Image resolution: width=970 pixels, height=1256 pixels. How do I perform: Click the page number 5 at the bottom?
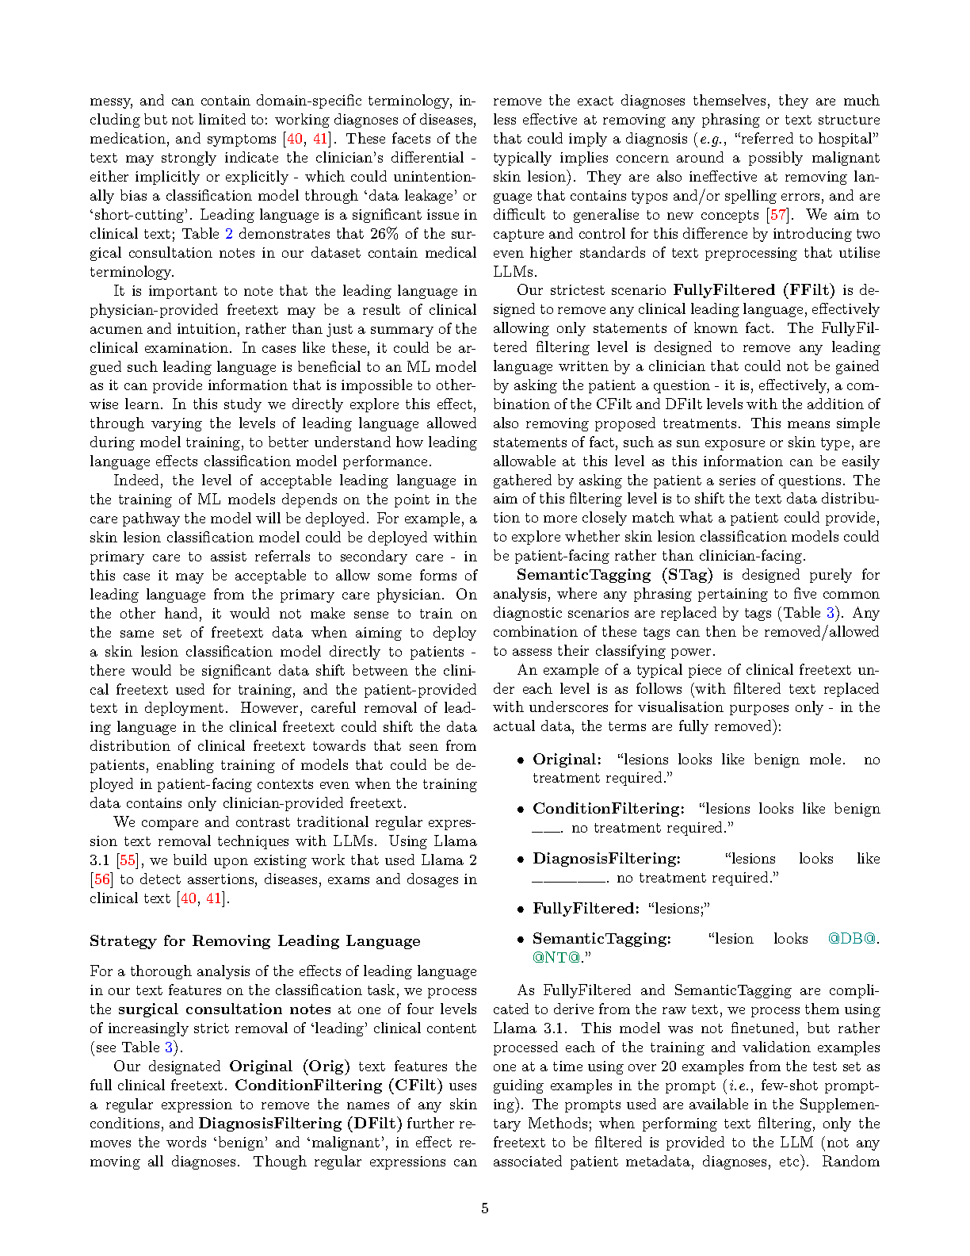[484, 1208]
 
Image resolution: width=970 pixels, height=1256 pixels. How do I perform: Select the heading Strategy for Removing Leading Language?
[254, 941]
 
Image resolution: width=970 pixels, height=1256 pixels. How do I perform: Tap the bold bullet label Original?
[567, 760]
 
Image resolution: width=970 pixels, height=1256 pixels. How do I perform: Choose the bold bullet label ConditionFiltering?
[608, 809]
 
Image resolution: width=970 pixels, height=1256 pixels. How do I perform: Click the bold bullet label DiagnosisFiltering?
[606, 859]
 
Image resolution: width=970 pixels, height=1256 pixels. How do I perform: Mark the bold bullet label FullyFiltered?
[585, 909]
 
